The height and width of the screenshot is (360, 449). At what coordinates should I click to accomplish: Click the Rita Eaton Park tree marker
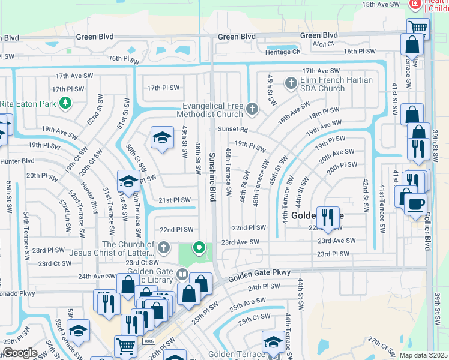pyautogui.click(x=65, y=104)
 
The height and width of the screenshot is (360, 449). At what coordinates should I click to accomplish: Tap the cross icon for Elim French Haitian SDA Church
pyautogui.click(x=291, y=83)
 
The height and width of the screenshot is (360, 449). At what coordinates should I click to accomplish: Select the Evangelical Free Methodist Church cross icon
pyautogui.click(x=252, y=109)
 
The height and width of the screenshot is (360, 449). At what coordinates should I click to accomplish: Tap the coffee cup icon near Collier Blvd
pyautogui.click(x=415, y=204)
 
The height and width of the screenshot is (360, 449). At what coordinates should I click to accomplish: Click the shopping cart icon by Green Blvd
pyautogui.click(x=418, y=28)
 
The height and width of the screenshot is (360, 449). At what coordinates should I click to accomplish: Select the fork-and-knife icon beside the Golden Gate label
pyautogui.click(x=327, y=217)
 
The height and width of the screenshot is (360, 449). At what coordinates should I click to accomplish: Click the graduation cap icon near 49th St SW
pyautogui.click(x=161, y=138)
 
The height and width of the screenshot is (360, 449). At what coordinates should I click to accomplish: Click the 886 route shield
pyautogui.click(x=148, y=341)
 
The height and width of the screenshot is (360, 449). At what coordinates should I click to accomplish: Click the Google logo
pyautogui.click(x=19, y=353)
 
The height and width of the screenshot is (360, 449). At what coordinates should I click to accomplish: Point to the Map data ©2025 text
pyautogui.click(x=423, y=355)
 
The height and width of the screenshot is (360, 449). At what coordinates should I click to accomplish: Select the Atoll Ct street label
pyautogui.click(x=322, y=44)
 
